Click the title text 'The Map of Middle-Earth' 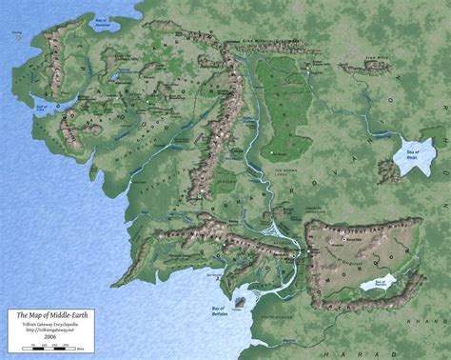48,313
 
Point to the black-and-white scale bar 48,345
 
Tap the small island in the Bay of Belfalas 239,303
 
